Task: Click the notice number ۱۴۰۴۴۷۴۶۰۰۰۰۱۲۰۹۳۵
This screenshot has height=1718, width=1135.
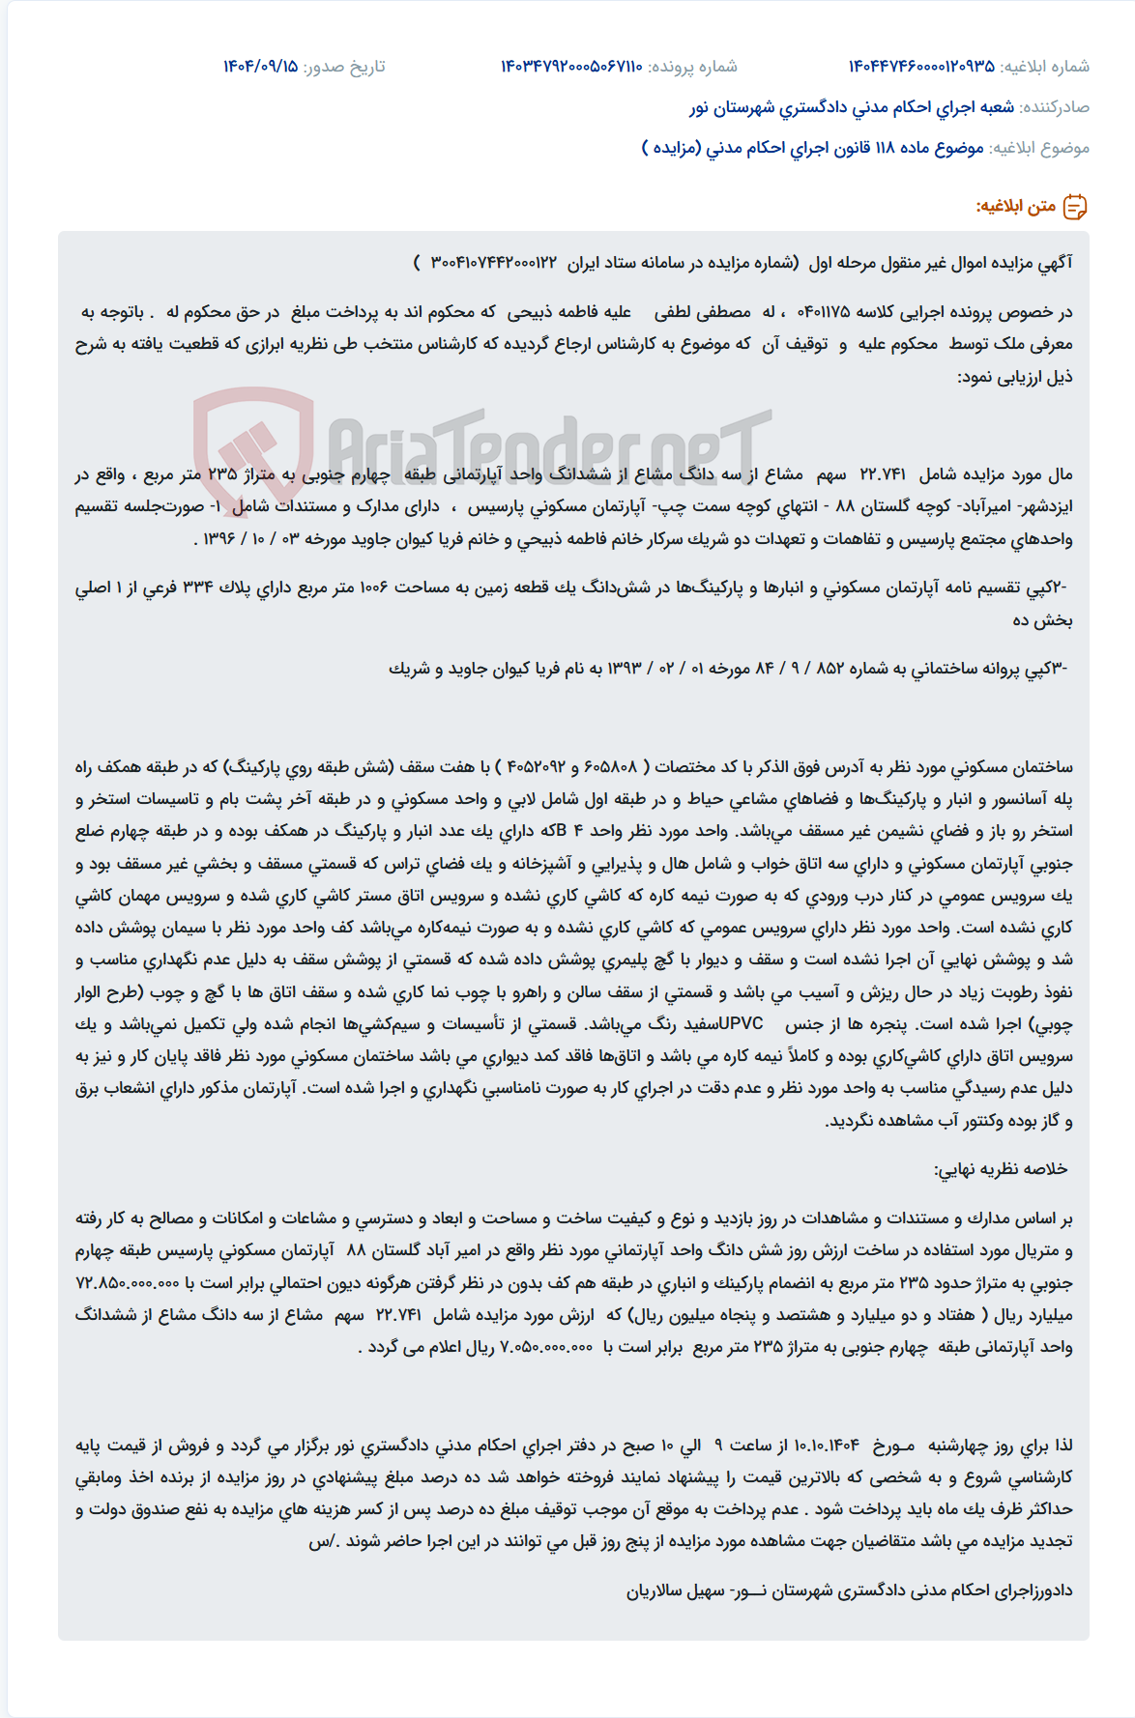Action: pos(920,67)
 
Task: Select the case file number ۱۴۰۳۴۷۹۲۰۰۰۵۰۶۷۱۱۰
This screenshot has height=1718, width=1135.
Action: pos(571,67)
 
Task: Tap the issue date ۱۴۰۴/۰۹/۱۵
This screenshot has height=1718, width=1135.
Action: pos(260,67)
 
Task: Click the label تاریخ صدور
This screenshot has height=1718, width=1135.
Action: pos(344,67)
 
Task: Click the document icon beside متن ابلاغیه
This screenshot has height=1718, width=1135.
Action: pos(1075,207)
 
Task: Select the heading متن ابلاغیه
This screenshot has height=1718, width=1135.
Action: pos(1015,207)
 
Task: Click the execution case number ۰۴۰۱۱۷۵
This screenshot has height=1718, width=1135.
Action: pos(823,312)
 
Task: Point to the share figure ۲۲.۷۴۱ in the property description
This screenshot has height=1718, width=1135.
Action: pos(883,474)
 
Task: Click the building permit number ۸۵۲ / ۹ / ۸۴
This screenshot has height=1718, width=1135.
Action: pos(795,669)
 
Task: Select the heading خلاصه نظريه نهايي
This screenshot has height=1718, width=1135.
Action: pos(1001,1170)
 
